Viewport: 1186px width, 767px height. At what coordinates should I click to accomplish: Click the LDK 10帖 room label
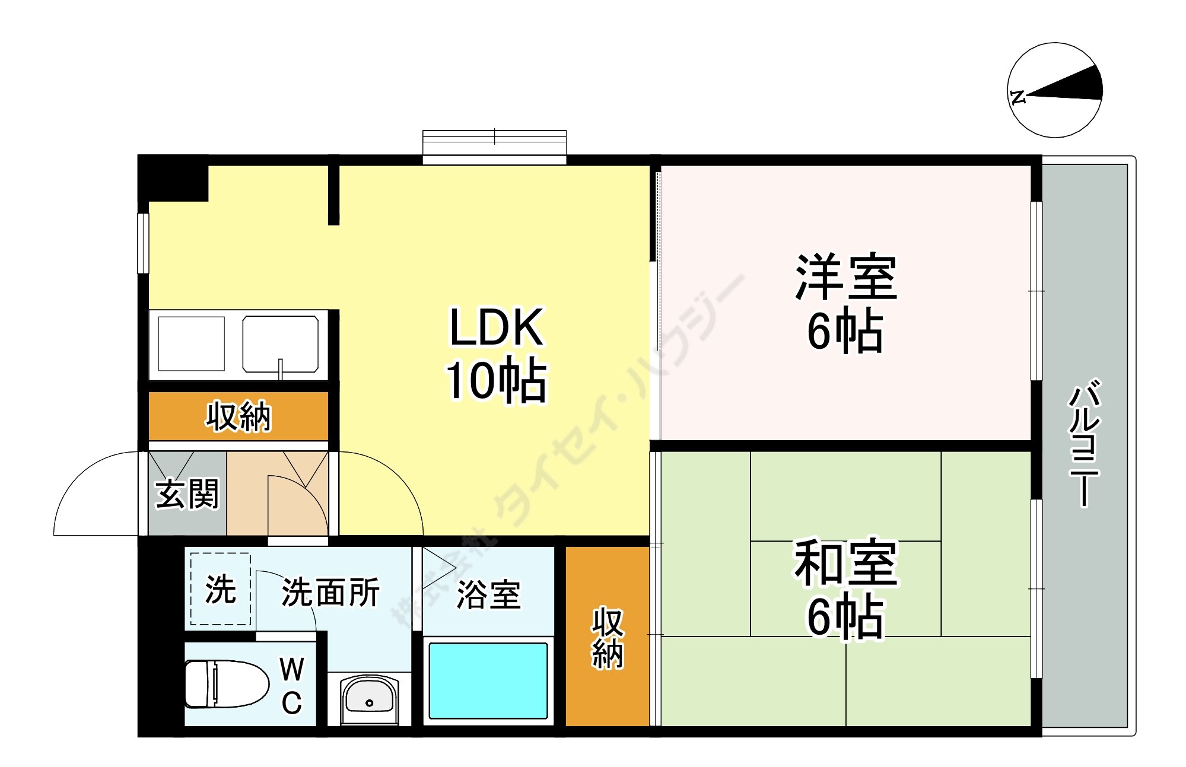click(x=496, y=354)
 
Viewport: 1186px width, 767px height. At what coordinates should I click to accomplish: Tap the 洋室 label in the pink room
click(x=846, y=278)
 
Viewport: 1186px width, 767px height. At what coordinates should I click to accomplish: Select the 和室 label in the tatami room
click(x=846, y=562)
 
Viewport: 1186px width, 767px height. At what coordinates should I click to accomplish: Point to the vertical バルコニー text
click(x=1085, y=443)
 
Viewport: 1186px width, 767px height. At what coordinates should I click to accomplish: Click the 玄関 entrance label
click(x=187, y=494)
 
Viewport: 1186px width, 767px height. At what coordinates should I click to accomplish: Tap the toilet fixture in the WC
click(x=225, y=684)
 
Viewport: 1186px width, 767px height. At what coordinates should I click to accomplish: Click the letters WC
click(x=292, y=686)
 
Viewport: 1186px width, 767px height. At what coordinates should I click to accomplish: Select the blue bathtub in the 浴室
click(x=488, y=680)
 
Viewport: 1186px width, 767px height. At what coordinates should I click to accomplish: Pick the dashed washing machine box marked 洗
click(x=220, y=588)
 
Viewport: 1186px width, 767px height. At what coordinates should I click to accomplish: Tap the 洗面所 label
click(x=330, y=592)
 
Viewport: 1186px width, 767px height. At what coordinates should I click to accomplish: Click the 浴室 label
click(x=488, y=594)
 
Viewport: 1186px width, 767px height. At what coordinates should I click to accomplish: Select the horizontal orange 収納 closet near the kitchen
click(x=238, y=416)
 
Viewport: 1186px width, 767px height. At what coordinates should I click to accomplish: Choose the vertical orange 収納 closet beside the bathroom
click(x=607, y=637)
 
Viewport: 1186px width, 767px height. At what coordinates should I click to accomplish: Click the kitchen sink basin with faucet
click(x=281, y=344)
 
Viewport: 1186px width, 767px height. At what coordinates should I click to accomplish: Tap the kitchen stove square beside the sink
click(x=191, y=343)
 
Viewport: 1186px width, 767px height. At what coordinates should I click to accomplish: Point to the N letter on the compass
click(x=1018, y=97)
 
